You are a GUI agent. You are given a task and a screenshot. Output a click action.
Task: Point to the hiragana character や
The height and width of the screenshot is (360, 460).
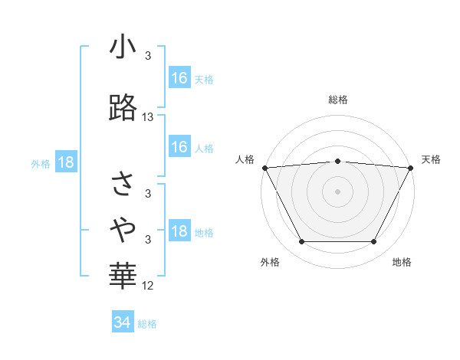pos(123,226)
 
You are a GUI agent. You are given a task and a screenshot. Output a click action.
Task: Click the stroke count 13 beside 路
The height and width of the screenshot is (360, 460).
pos(148,117)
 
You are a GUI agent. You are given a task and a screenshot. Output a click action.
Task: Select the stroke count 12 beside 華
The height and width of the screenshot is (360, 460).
pos(148,286)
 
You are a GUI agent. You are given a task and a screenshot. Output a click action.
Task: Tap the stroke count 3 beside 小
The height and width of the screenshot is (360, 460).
pos(148,56)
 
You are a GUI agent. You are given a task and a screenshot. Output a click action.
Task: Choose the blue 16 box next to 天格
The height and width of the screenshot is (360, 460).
pos(179,77)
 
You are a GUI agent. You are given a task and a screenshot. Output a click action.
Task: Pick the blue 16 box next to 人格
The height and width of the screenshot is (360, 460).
pos(179,147)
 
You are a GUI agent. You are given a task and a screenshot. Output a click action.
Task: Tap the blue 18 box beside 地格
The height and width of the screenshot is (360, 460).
pos(179,232)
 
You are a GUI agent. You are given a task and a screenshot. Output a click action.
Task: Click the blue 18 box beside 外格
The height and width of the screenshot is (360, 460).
pos(65,162)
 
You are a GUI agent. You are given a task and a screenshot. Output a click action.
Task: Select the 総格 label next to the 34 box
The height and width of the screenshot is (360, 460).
pos(147,324)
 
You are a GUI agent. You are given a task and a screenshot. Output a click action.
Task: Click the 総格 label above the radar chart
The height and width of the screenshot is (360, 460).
pos(337,100)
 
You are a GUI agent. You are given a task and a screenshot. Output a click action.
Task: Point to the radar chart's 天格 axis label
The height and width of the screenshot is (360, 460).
pos(431,159)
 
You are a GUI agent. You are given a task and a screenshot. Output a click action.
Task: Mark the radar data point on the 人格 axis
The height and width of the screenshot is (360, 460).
pos(264,168)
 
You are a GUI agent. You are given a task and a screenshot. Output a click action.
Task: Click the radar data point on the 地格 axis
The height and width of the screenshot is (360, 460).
pos(373,242)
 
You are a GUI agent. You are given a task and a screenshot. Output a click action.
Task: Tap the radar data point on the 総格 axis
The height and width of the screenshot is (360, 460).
pos(337,161)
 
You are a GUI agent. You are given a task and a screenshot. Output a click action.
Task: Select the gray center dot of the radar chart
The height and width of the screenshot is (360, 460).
pos(337,191)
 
